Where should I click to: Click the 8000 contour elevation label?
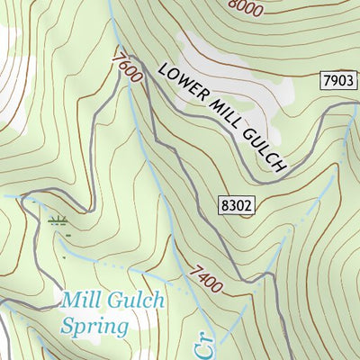point(246,8)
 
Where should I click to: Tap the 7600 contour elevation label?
point(128,68)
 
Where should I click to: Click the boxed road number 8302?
point(236,206)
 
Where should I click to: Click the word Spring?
point(94,326)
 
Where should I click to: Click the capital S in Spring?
point(68,325)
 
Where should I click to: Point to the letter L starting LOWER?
point(162,68)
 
